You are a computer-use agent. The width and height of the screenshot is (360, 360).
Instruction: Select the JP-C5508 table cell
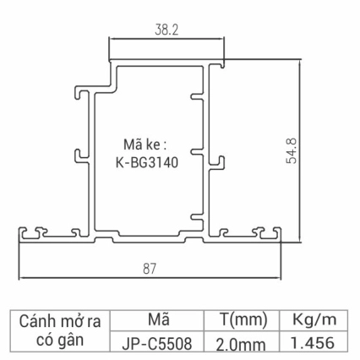pos(159,344)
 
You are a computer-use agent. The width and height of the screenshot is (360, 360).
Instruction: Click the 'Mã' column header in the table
pos(159,321)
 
